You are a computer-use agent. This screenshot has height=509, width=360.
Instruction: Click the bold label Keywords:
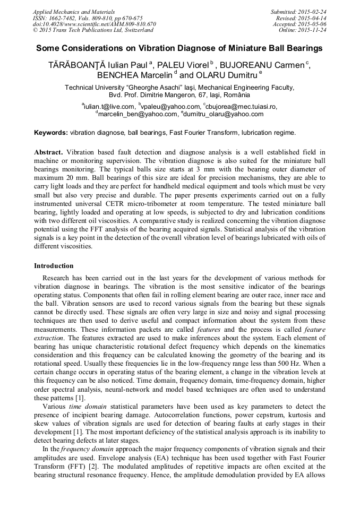[x=51, y=132]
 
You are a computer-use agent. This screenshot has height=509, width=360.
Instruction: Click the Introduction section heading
[x=54, y=265]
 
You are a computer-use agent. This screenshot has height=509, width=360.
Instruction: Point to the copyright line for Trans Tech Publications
[x=93, y=30]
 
